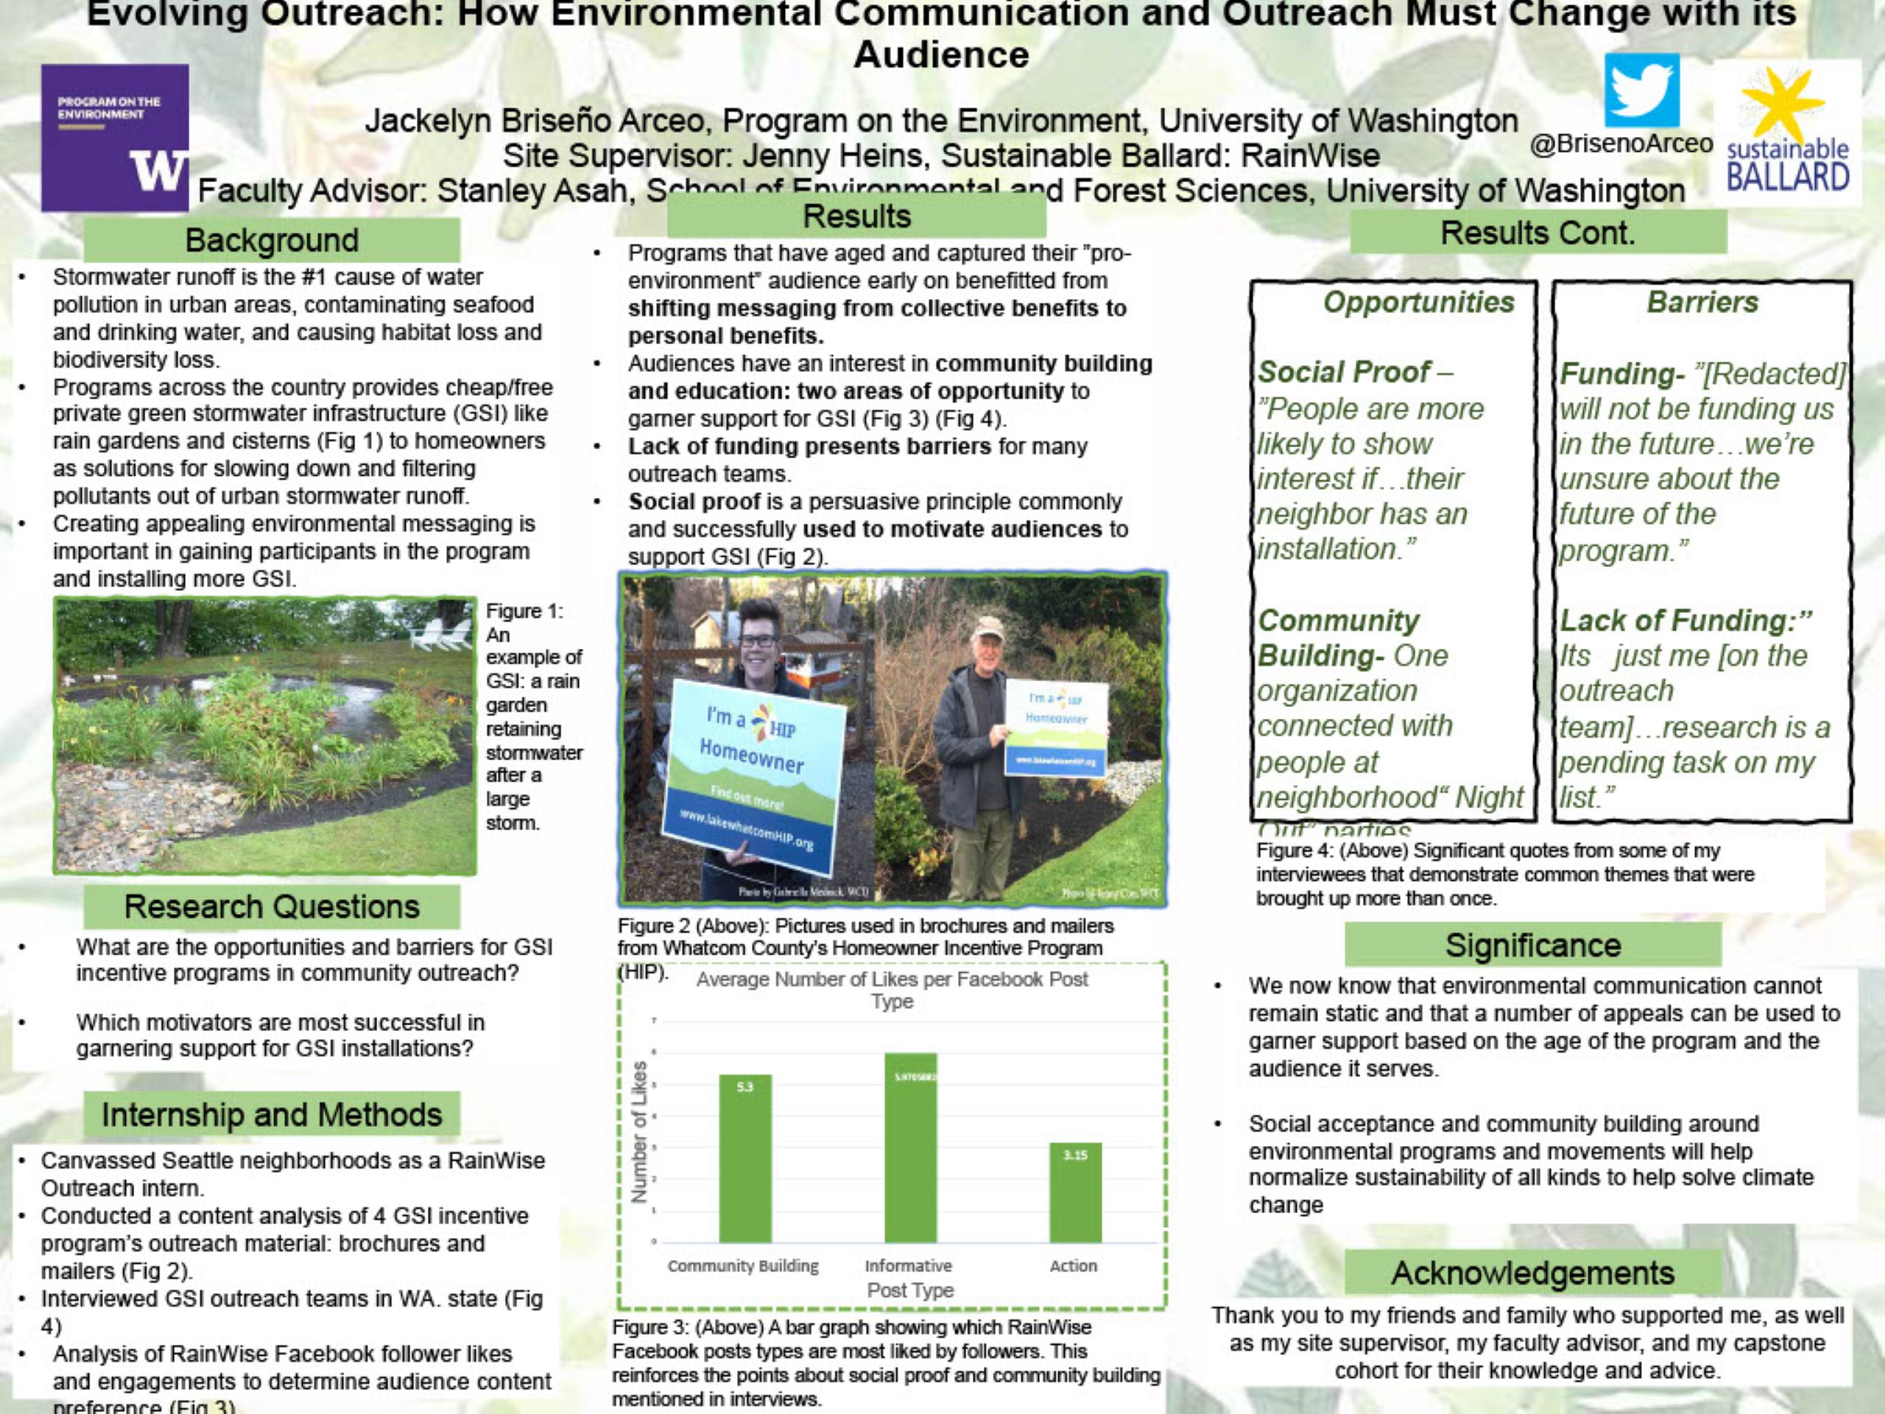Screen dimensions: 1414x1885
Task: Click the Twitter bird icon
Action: (x=1641, y=90)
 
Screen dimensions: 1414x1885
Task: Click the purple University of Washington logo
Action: (x=115, y=137)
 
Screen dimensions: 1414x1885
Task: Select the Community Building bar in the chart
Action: (x=745, y=1158)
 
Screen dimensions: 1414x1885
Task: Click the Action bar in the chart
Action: (x=1074, y=1192)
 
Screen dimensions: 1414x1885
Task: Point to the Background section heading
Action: (x=272, y=240)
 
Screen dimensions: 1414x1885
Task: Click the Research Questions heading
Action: (x=272, y=906)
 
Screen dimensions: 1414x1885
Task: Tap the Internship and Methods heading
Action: (x=272, y=1114)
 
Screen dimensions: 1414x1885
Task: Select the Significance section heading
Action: (x=1532, y=945)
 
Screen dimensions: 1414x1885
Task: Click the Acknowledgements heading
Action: (x=1532, y=1273)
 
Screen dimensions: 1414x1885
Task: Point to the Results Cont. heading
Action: (x=1537, y=233)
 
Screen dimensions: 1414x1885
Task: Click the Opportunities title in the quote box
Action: (x=1418, y=302)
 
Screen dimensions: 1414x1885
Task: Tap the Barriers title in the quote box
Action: (x=1702, y=302)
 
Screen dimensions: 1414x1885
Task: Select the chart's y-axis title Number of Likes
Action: (x=639, y=1131)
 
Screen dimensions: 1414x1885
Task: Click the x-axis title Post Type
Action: (x=909, y=1290)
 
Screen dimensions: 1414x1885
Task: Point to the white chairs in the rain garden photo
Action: (x=439, y=635)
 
